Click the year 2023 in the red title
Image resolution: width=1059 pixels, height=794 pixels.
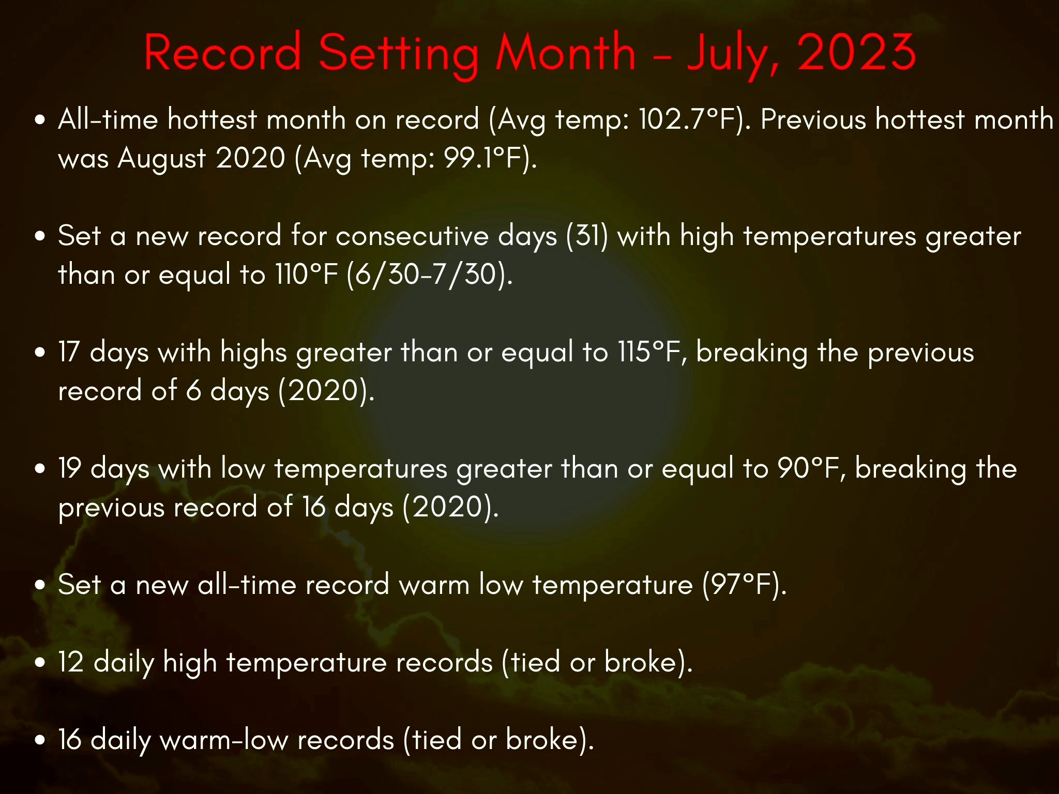(x=856, y=52)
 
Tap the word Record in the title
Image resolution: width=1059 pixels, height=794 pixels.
(x=222, y=52)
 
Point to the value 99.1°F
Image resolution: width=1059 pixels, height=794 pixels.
(x=483, y=158)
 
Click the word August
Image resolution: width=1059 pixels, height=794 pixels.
(x=161, y=159)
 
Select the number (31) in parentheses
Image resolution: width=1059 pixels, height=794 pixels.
(x=587, y=237)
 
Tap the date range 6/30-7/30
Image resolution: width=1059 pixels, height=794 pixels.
(x=426, y=274)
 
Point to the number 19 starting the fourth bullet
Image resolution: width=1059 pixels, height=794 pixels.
(x=69, y=469)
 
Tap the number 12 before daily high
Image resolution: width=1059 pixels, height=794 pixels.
(x=71, y=662)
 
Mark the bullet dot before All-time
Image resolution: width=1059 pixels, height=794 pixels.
(x=40, y=120)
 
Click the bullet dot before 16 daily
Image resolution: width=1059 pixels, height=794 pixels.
(x=40, y=740)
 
